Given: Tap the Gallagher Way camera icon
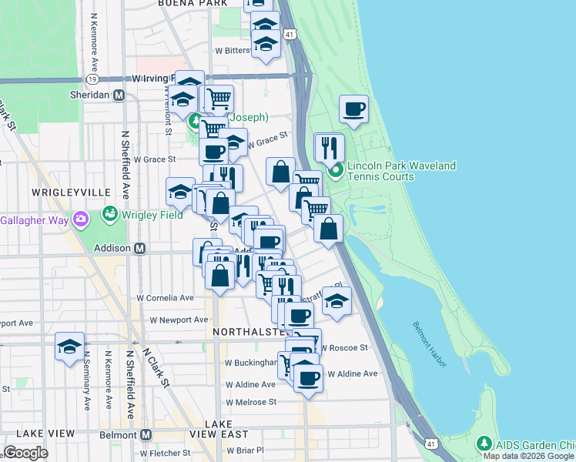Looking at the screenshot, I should [80, 221].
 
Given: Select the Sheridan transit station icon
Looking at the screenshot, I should [119, 95].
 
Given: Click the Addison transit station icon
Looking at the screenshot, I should [140, 248].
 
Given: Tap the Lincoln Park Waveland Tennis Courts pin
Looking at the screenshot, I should [335, 171].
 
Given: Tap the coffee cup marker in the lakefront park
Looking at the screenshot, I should [354, 109].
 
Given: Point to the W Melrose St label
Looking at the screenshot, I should [250, 402].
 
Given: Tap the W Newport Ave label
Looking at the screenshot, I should [179, 320].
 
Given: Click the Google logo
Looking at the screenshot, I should [26, 453].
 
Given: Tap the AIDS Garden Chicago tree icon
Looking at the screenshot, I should [484, 443].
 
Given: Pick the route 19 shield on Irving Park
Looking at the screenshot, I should [92, 79].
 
